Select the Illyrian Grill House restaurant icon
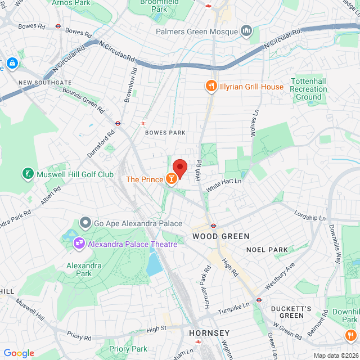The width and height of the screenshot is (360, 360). [211, 87]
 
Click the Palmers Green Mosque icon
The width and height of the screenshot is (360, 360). [246, 30]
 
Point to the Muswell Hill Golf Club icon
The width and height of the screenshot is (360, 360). [27, 174]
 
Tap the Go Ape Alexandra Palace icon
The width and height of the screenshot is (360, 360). [85, 223]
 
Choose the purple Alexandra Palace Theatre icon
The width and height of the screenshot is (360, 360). [79, 244]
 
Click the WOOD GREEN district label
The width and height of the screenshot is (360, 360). [213, 236]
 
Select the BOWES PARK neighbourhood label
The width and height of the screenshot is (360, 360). [165, 133]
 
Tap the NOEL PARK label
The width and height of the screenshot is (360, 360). [267, 249]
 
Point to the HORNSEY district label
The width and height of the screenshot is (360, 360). [210, 332]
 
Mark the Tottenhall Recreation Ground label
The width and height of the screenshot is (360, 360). [308, 89]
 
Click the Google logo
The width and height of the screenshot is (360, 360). [19, 353]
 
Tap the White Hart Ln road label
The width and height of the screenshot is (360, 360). [223, 184]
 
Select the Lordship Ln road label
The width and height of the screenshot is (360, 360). [310, 215]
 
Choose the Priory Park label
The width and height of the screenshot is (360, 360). [128, 349]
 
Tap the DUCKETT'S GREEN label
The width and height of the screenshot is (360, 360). [291, 312]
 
